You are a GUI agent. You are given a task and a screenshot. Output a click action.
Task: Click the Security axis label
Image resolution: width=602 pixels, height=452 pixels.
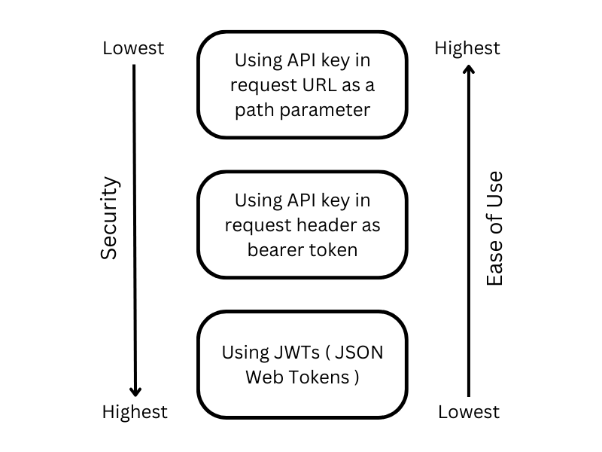[110, 218]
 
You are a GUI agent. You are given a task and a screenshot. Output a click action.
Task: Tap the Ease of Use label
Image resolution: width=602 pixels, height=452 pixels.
[494, 229]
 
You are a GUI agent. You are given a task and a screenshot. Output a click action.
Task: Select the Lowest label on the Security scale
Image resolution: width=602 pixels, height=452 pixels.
[133, 48]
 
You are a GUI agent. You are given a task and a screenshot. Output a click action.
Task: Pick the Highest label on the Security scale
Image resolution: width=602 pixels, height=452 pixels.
[135, 411]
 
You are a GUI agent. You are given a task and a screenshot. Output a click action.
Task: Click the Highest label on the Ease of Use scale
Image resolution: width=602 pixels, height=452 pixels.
[467, 48]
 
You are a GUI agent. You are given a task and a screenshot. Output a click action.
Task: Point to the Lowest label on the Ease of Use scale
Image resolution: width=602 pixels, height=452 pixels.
[468, 411]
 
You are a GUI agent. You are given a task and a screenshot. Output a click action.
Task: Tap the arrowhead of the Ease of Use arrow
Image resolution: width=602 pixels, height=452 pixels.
[468, 70]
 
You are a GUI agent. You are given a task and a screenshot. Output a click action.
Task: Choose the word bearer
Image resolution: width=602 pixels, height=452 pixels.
[275, 249]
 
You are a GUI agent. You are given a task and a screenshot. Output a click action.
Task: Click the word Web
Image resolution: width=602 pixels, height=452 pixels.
[264, 377]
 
